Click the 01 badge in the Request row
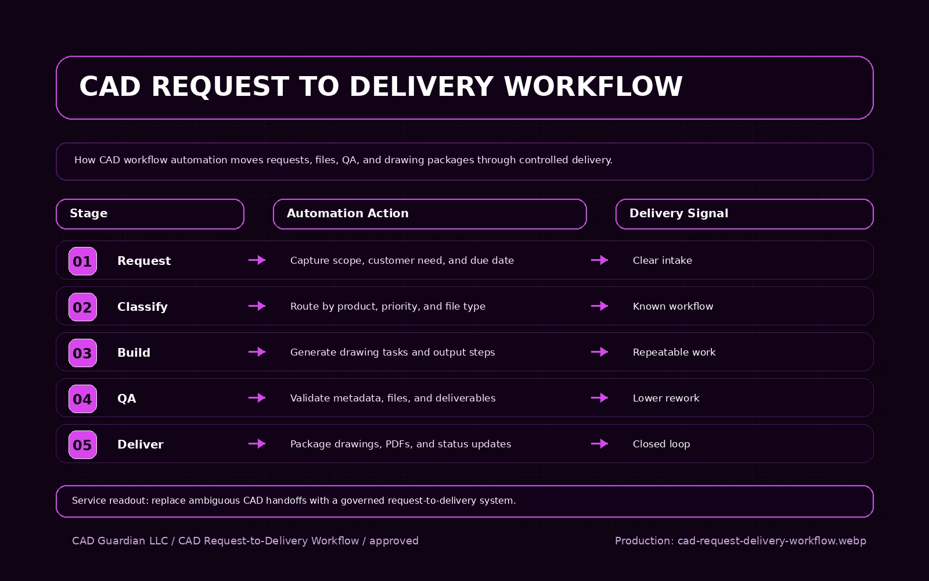[82, 261]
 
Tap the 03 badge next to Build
[82, 353]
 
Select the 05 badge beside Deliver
[82, 444]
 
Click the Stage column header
[150, 214]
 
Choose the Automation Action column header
[429, 214]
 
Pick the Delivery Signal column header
[744, 214]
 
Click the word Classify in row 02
[142, 307]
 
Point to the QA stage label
[127, 399]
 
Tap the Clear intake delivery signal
[662, 260]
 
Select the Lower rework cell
[665, 398]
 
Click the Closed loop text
[661, 444]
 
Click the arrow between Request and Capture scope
[257, 260]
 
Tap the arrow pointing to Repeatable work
[599, 352]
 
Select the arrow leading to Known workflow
[599, 306]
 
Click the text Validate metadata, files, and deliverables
[393, 398]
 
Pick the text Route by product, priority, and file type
[387, 306]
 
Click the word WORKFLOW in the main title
[593, 87]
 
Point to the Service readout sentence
[293, 500]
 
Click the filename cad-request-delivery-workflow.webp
[771, 541]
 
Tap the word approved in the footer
[394, 541]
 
